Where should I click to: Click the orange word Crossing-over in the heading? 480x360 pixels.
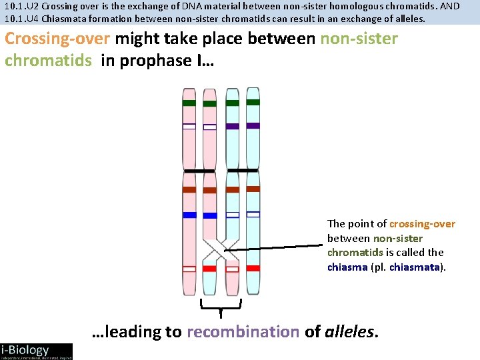57,39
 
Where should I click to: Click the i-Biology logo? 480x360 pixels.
36,351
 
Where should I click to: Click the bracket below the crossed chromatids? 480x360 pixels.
221,305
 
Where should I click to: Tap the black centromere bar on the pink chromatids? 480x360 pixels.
199,171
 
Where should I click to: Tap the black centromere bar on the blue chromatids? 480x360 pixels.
242,171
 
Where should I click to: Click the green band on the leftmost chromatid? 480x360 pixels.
189,103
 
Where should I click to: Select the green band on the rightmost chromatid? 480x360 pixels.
253,102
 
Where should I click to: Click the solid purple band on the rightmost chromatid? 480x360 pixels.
253,125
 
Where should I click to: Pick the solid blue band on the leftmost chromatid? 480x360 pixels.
189,215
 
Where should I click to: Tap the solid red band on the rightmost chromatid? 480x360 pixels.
253,268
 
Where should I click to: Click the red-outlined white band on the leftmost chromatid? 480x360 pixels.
189,269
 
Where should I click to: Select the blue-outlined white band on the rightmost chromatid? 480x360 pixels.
253,214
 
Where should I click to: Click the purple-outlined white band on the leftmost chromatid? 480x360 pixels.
189,126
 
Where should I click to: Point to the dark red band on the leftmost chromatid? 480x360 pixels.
189,189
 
